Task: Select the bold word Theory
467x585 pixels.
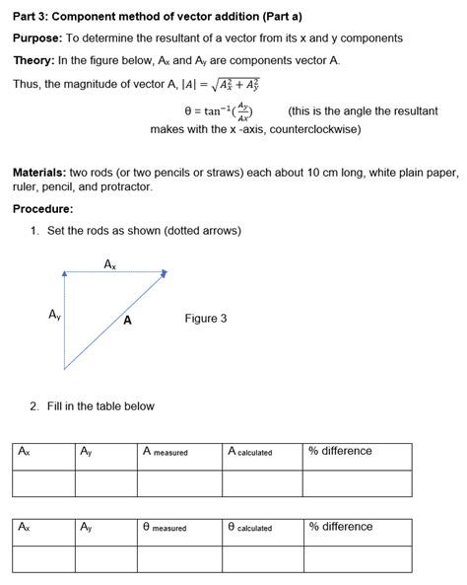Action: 33,60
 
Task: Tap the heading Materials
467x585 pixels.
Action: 39,172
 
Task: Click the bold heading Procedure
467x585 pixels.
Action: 42,209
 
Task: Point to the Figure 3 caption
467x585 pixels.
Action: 205,319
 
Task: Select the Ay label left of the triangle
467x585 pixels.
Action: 55,315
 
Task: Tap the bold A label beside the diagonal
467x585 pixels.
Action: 128,321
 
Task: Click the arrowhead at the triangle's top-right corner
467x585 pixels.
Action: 161,275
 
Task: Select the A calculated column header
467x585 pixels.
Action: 249,452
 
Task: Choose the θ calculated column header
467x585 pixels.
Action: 249,528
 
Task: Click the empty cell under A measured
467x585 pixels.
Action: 178,483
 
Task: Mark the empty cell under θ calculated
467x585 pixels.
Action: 261,559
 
